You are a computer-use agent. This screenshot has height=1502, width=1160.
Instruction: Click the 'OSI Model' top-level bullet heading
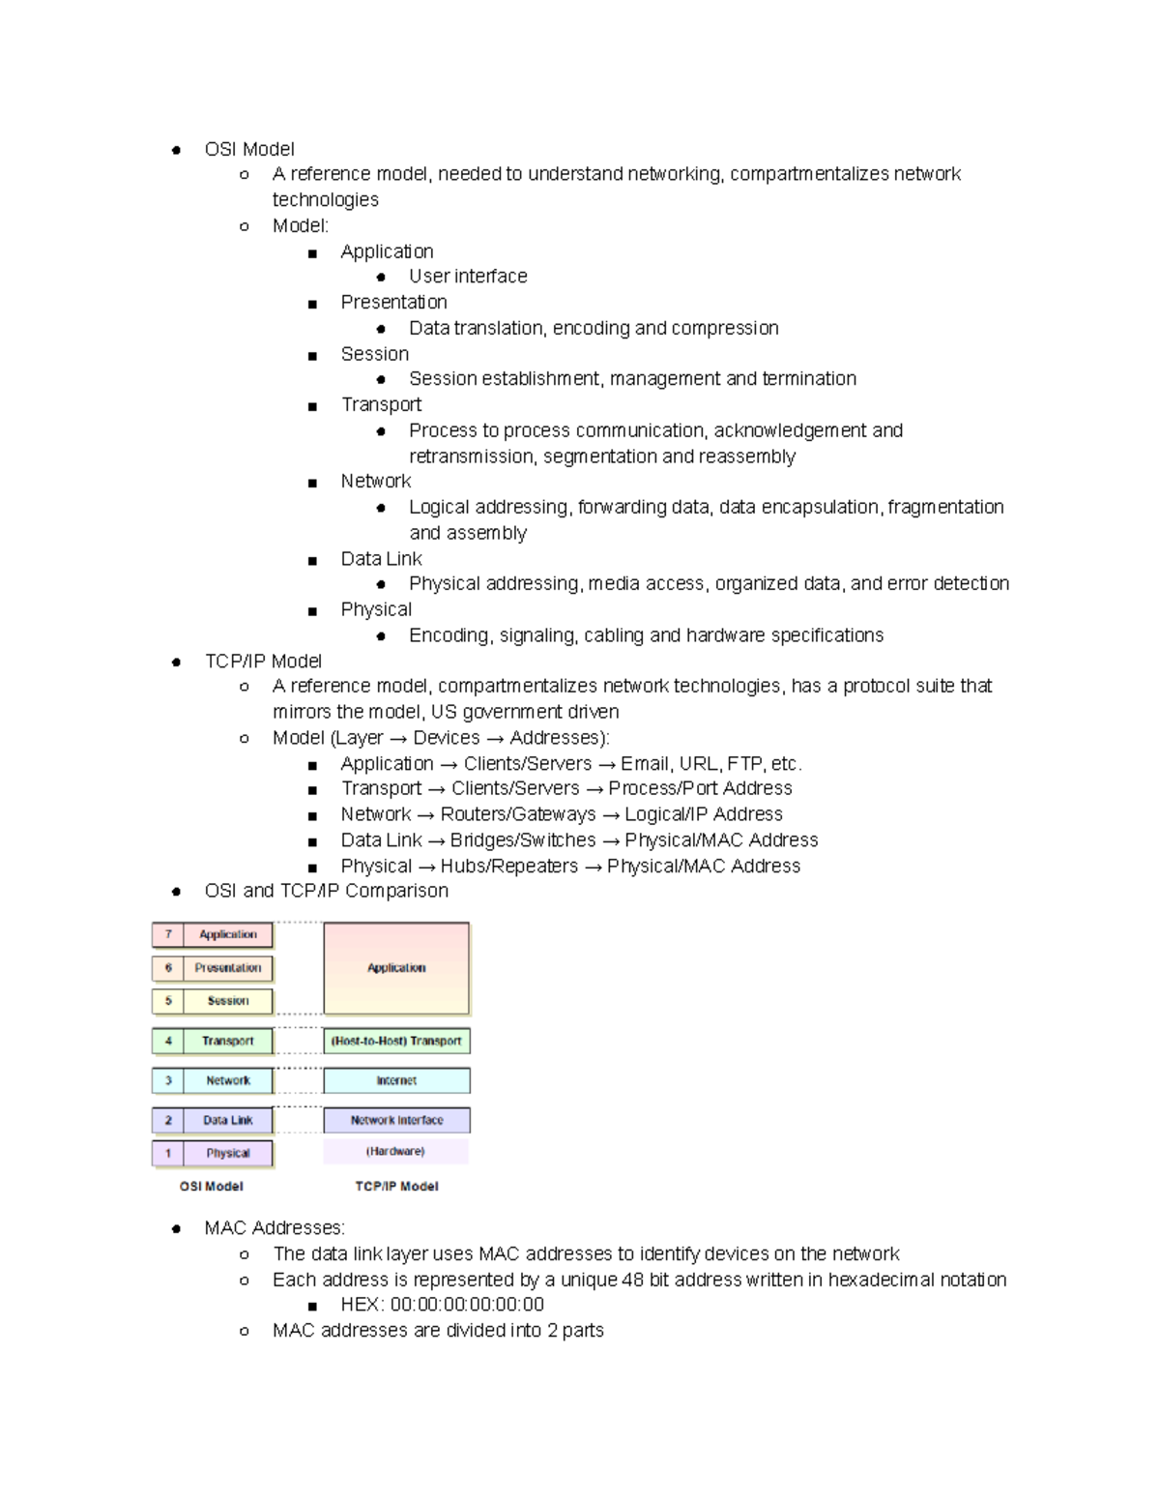pyautogui.click(x=249, y=149)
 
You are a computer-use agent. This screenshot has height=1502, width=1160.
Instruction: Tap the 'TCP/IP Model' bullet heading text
pyautogui.click(x=263, y=661)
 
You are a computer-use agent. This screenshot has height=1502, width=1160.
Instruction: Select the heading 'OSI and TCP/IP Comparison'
pyautogui.click(x=326, y=891)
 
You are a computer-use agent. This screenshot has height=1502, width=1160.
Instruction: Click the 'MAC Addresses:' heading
pyautogui.click(x=275, y=1227)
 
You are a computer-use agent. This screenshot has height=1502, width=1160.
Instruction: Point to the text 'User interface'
pyautogui.click(x=468, y=277)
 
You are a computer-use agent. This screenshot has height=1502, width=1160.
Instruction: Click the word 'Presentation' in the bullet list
pyautogui.click(x=393, y=302)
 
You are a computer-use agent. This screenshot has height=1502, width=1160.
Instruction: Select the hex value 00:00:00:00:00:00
pyautogui.click(x=467, y=1305)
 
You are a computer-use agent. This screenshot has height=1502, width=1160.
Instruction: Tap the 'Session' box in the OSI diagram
pyautogui.click(x=228, y=1001)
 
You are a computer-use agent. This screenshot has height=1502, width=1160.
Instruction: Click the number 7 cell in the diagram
pyautogui.click(x=168, y=934)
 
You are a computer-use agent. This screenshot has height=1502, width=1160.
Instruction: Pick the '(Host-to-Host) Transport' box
pyautogui.click(x=396, y=1042)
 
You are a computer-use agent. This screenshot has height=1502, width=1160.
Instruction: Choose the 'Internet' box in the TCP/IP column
pyautogui.click(x=396, y=1080)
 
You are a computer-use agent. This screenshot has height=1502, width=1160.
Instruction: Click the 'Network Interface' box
pyautogui.click(x=396, y=1120)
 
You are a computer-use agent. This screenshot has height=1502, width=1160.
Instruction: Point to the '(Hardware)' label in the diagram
pyautogui.click(x=395, y=1152)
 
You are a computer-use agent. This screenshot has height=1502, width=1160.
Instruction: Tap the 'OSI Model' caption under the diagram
pyautogui.click(x=212, y=1187)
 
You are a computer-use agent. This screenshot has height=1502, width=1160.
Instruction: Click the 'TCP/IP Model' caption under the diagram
pyautogui.click(x=396, y=1187)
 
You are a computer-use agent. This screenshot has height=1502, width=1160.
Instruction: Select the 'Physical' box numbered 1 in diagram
pyautogui.click(x=228, y=1153)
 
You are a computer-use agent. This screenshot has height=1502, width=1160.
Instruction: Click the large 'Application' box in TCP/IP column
pyautogui.click(x=396, y=968)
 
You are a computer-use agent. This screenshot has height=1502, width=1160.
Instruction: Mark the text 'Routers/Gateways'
pyautogui.click(x=518, y=814)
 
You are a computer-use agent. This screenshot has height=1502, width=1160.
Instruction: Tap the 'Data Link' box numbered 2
pyautogui.click(x=228, y=1120)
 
